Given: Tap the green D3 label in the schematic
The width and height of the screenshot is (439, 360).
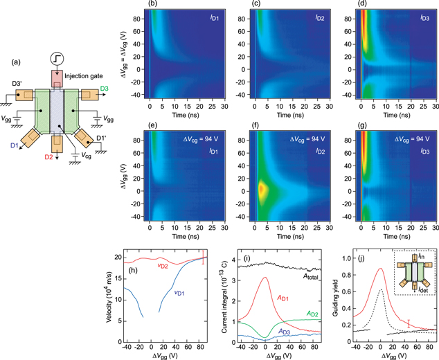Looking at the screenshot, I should (x=103, y=89).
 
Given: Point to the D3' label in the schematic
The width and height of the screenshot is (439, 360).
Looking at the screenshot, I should (x=17, y=84).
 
